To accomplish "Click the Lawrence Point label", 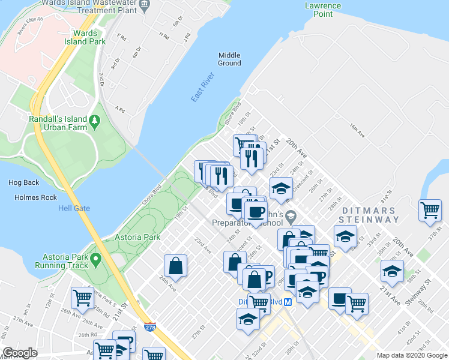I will point(322,10).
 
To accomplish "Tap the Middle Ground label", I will point(229,59).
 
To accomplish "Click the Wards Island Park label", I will point(89,37).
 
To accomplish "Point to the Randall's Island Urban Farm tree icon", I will point(94,122).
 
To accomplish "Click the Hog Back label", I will point(23,182).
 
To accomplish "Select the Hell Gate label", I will point(74,208).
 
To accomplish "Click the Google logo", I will point(20,353).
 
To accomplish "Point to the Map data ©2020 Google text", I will point(411,355).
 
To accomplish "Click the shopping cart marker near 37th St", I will point(430,210).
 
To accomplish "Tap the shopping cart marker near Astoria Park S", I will point(82,297).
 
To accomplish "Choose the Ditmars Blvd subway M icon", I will point(288,302).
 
